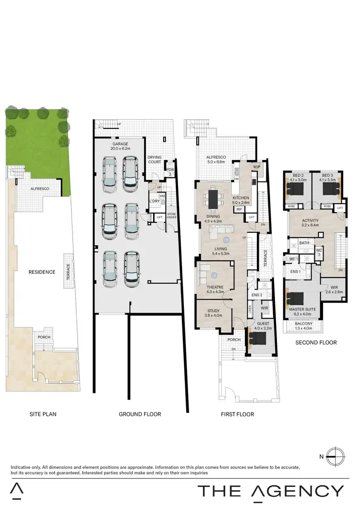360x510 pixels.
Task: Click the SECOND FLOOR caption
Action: (x=316, y=342)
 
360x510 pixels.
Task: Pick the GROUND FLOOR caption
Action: (x=140, y=414)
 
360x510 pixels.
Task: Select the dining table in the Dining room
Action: (x=212, y=198)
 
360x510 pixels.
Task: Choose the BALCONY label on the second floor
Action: (x=303, y=324)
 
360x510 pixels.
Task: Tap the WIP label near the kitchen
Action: (x=256, y=167)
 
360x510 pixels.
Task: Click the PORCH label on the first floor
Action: (x=234, y=340)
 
